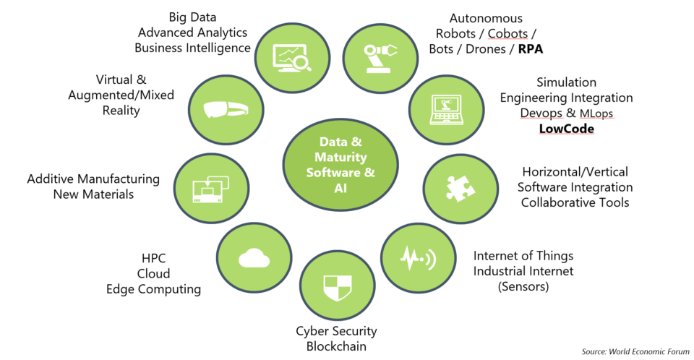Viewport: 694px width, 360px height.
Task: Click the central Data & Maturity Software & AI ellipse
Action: (340, 164)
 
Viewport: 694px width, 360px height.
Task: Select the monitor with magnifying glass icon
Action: (291, 57)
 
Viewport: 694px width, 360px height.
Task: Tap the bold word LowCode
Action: (566, 129)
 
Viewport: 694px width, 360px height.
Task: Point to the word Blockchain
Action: (336, 346)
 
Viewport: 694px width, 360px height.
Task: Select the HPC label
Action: (153, 258)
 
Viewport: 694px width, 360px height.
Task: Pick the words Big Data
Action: (192, 17)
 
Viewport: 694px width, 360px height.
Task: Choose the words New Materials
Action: (93, 194)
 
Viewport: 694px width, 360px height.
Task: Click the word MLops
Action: (599, 113)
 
